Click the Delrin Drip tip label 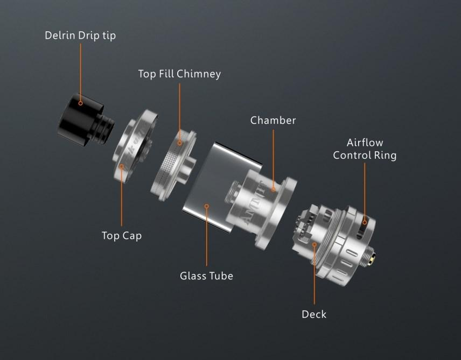(80, 36)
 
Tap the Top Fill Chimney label (179, 74)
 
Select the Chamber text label (273, 120)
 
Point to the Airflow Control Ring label (365, 149)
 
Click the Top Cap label (122, 235)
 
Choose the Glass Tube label (206, 276)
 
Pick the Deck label (314, 314)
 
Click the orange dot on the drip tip (80, 102)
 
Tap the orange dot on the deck (315, 245)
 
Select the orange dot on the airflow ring (365, 222)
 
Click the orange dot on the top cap (122, 167)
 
